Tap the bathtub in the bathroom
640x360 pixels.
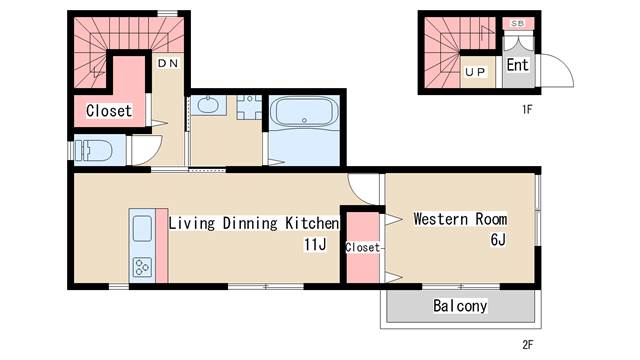coord(304,111)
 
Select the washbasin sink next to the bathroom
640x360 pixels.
coord(208,105)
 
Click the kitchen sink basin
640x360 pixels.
coord(142,228)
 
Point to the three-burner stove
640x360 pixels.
coord(142,267)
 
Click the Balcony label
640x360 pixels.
coord(460,306)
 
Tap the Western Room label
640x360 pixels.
coord(460,219)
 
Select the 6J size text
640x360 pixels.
coord(498,240)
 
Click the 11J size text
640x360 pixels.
coord(315,244)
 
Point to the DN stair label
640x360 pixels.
coord(168,63)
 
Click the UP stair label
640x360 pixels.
coord(475,72)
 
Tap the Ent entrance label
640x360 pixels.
coord(518,64)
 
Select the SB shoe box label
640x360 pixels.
coord(518,24)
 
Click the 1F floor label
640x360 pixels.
coord(527,109)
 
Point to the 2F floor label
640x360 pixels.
coord(527,345)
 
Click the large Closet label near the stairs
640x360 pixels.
coord(109,111)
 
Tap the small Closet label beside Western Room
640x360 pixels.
coord(362,247)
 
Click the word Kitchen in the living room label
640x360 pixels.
coord(312,223)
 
